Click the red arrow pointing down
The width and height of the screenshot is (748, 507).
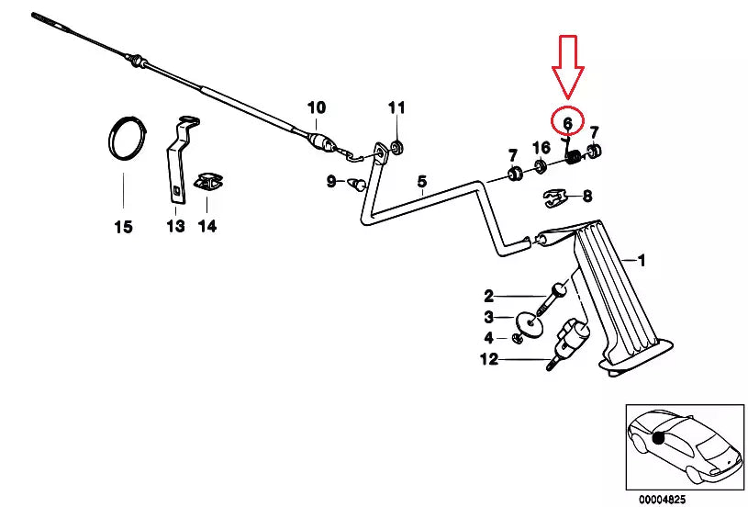tap(568, 67)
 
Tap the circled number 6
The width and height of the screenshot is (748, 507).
tap(568, 124)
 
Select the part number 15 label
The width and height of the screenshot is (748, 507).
tap(123, 227)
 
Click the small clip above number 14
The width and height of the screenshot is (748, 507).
tap(208, 182)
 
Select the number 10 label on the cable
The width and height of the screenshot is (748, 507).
tap(317, 107)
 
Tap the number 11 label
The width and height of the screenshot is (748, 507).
tap(396, 107)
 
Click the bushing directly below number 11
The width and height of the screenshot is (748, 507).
tap(396, 147)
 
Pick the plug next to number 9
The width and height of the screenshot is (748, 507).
tap(357, 183)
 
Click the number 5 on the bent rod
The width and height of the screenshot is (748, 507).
tap(421, 182)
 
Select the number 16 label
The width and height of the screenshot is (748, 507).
tap(541, 148)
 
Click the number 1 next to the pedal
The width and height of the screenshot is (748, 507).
tap(642, 260)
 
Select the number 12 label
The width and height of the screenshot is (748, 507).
tap(489, 359)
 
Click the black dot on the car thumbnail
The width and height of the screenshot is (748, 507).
tap(659, 438)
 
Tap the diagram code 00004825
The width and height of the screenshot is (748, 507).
tap(663, 500)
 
